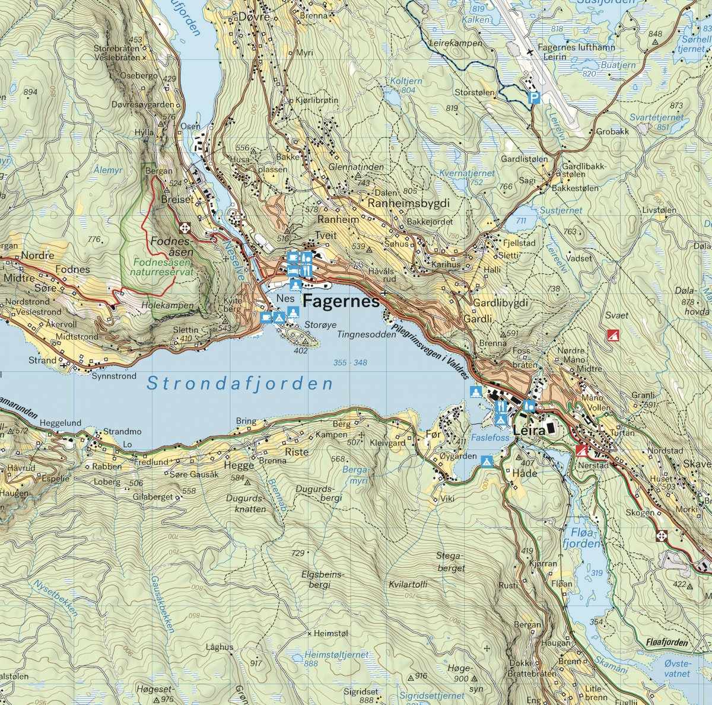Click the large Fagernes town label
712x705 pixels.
click(341, 302)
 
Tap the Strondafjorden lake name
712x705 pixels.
click(240, 384)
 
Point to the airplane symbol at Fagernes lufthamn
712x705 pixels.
click(530, 52)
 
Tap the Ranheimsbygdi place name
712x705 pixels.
click(409, 203)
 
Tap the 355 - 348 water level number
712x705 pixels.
click(350, 362)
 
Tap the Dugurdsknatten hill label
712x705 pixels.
click(246, 503)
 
